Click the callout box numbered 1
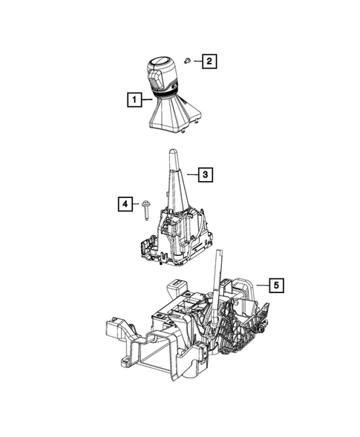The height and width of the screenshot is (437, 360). coord(134,98)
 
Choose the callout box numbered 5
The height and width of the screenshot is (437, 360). coord(274,284)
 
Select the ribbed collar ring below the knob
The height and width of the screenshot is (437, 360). coord(166,94)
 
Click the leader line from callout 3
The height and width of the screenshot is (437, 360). coord(191,176)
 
